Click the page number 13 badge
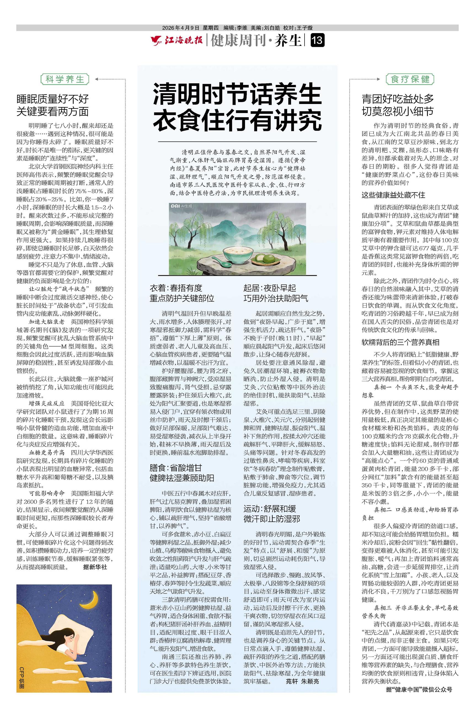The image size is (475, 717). coord(317,40)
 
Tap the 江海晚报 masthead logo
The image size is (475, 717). coord(177,40)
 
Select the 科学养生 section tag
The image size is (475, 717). coord(65,79)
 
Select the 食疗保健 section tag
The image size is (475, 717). coord(410,79)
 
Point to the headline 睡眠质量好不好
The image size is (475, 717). coord(53,99)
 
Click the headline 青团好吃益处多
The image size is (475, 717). coord(398,99)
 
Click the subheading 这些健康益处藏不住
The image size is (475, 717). coord(393,195)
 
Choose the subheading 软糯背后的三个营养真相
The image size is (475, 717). coord(400,343)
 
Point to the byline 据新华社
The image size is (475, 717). coord(95,567)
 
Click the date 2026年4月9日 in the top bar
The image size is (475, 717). coord(181,28)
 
